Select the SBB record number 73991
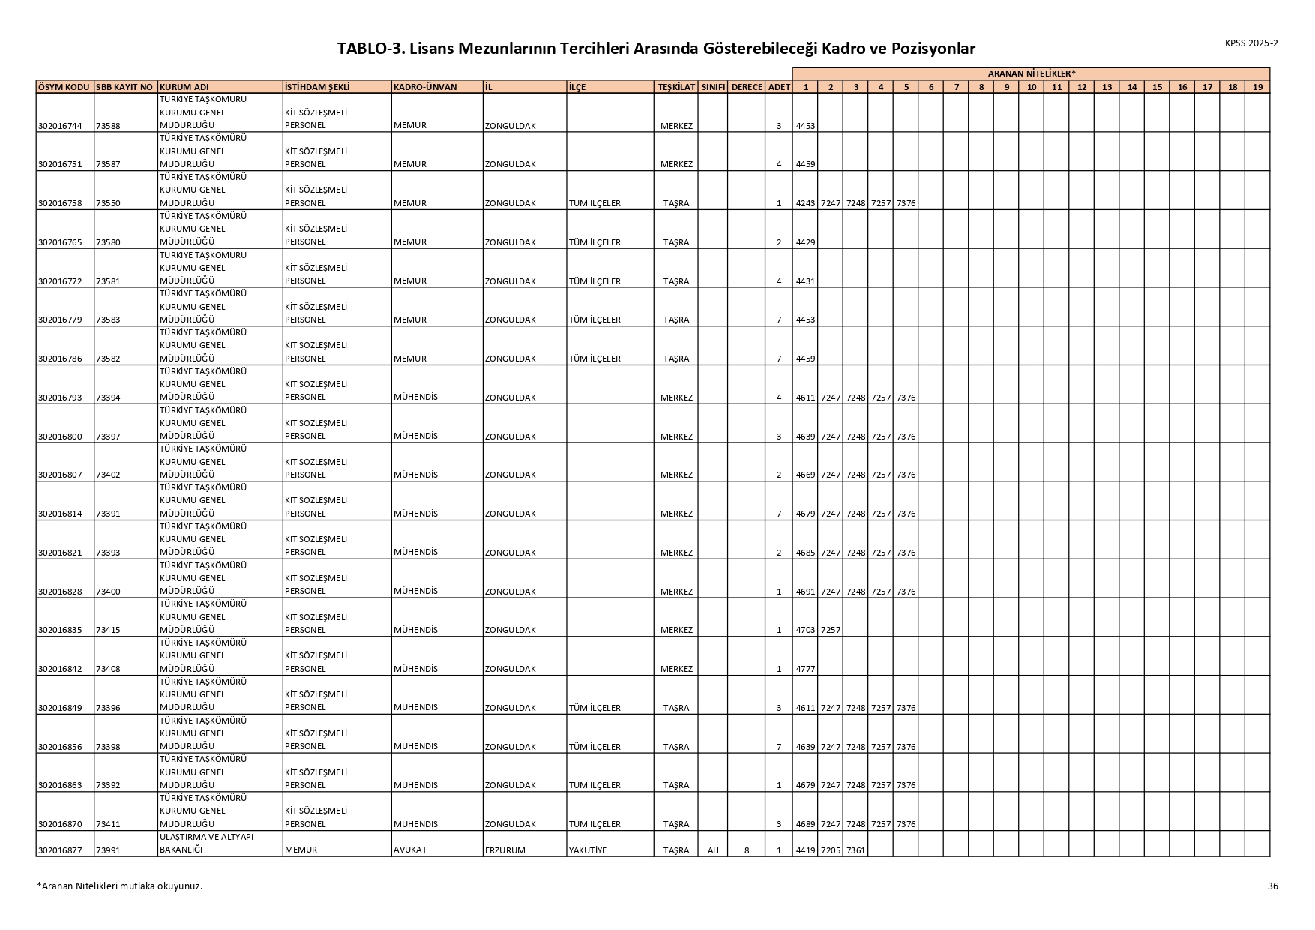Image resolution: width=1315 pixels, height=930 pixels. [108, 850]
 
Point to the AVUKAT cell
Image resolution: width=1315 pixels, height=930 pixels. [410, 850]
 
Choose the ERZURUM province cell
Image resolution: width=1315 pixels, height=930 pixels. [505, 850]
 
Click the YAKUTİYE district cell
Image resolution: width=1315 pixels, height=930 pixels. [588, 850]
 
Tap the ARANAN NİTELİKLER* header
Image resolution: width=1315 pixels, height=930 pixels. [1031, 73]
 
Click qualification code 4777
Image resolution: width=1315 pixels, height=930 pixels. [804, 669]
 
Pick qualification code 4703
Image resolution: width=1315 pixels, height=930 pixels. [804, 630]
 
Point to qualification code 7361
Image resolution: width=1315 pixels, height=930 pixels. [855, 850]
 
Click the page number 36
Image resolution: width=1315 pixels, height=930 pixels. [1272, 886]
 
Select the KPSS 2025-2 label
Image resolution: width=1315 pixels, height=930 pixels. [1251, 43]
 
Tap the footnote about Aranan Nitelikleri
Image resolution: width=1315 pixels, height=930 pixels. [120, 886]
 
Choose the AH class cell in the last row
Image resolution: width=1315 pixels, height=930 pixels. [713, 850]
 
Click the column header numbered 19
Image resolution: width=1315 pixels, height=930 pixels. [1257, 87]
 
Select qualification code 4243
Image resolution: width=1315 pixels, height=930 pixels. [804, 203]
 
